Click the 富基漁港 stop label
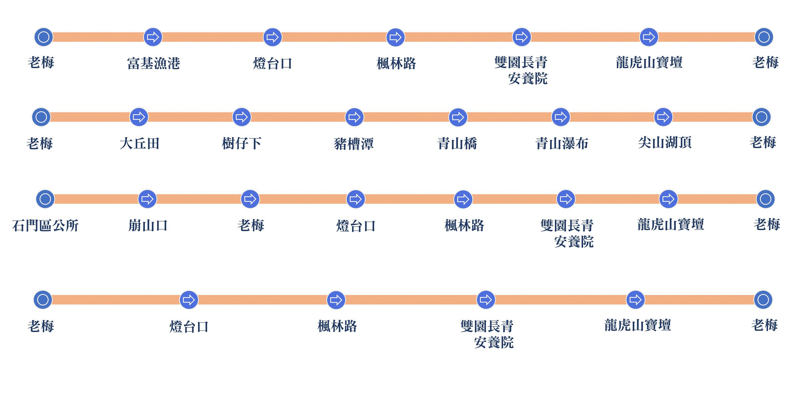pyautogui.click(x=153, y=63)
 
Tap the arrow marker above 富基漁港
pyautogui.click(x=153, y=37)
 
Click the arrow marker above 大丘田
pyautogui.click(x=139, y=117)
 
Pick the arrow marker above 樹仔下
pyautogui.click(x=242, y=117)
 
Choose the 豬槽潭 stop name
pyautogui.click(x=354, y=144)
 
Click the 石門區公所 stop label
pyautogui.click(x=45, y=225)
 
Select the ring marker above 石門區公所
pyautogui.click(x=45, y=199)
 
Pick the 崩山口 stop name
pyautogui.click(x=148, y=225)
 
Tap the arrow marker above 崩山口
pyautogui.click(x=147, y=199)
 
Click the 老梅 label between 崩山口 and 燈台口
pyautogui.click(x=251, y=225)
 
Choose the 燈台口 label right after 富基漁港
pyautogui.click(x=272, y=63)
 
